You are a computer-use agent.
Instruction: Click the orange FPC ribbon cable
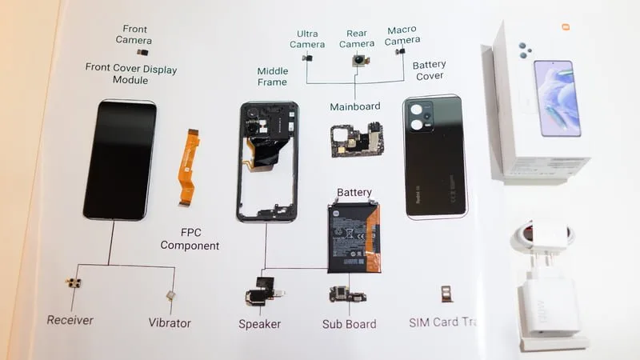(x=188, y=168)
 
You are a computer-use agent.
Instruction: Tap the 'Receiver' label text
(x=70, y=320)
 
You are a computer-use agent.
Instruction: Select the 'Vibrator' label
(x=170, y=322)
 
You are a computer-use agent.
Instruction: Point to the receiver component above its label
(x=74, y=285)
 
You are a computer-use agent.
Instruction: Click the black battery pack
(x=352, y=236)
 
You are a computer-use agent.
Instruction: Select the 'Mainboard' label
(x=354, y=106)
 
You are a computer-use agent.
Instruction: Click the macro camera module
(x=400, y=52)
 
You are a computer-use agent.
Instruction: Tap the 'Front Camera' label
(x=134, y=34)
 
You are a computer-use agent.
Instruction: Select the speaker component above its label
(x=260, y=292)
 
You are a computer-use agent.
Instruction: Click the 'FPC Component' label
(x=189, y=238)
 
